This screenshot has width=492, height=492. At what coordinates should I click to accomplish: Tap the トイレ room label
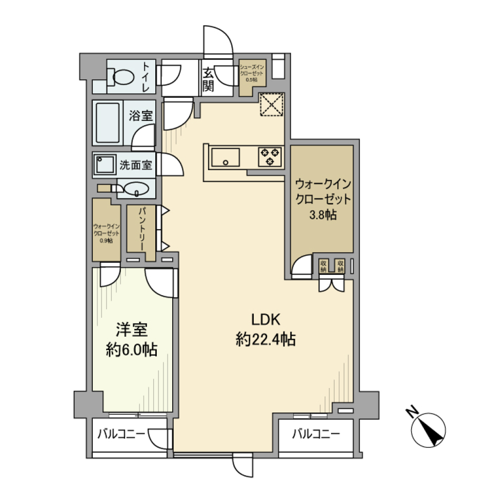147,77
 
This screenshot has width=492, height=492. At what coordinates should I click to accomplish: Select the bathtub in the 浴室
108,123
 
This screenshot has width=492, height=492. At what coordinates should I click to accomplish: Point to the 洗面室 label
135,165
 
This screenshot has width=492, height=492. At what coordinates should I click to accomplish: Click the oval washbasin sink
136,189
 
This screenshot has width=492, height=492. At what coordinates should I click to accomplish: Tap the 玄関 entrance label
208,80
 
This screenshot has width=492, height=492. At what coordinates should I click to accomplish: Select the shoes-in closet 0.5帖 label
252,73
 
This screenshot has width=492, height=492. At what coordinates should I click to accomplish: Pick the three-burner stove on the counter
270,156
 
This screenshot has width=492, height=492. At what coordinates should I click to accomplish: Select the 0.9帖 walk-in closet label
106,233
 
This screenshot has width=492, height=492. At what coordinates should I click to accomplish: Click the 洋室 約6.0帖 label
132,339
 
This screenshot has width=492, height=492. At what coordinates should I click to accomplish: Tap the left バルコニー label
121,435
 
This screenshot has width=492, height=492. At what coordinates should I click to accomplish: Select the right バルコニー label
316,435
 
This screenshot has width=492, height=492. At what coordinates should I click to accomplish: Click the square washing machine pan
104,165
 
